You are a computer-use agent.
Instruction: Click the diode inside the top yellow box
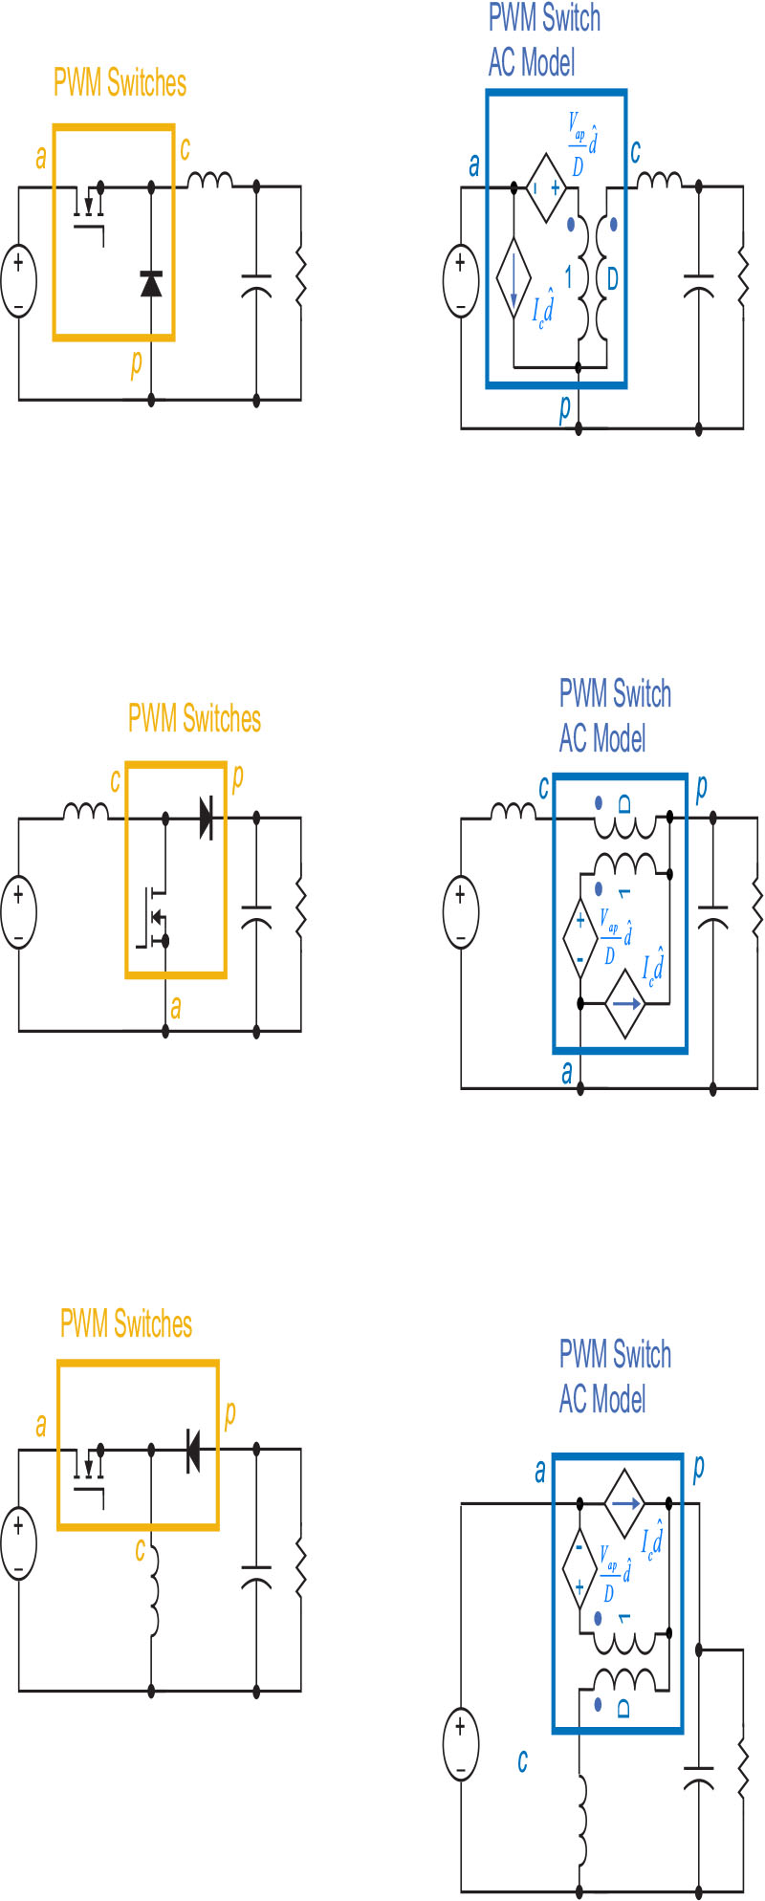[x=151, y=284]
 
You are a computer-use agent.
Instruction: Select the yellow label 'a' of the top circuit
[x=40, y=158]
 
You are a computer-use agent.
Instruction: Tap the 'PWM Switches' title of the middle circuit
[x=194, y=718]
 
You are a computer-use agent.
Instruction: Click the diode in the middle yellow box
[x=207, y=818]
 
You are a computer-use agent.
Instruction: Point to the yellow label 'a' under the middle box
[x=176, y=1007]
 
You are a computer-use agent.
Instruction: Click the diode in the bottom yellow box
[x=192, y=1450]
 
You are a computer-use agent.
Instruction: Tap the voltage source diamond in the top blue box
[x=545, y=187]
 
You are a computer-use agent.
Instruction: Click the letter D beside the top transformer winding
[x=612, y=280]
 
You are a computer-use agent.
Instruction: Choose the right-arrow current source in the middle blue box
[x=626, y=1003]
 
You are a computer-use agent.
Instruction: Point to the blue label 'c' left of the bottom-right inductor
[x=522, y=1760]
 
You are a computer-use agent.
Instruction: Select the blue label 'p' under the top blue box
[x=565, y=408]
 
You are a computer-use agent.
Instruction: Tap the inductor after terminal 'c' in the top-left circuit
[x=209, y=181]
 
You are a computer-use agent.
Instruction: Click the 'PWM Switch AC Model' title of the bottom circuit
[x=615, y=1377]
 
